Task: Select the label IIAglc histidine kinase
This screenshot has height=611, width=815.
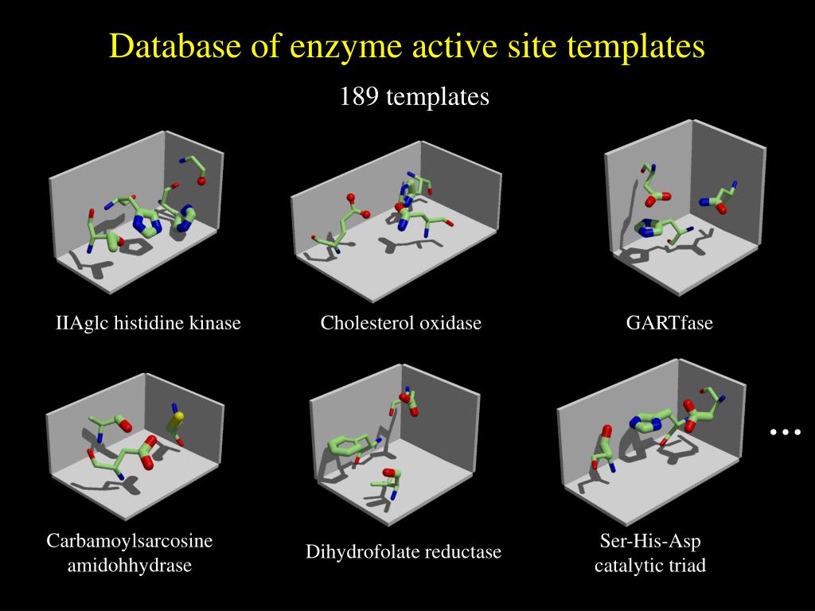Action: pyautogui.click(x=148, y=323)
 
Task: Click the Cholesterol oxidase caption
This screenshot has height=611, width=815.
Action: pyautogui.click(x=401, y=323)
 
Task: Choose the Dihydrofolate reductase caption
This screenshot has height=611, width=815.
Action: pyautogui.click(x=404, y=552)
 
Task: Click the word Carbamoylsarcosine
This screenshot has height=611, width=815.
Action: pyautogui.click(x=130, y=542)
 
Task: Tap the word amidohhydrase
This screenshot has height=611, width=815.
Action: pyautogui.click(x=130, y=566)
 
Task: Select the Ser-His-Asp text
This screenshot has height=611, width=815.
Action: pyautogui.click(x=650, y=542)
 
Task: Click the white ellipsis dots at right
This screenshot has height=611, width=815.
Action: pyautogui.click(x=784, y=432)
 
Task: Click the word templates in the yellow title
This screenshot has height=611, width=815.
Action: pyautogui.click(x=636, y=46)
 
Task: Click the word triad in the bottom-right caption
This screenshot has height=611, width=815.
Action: pyautogui.click(x=688, y=566)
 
